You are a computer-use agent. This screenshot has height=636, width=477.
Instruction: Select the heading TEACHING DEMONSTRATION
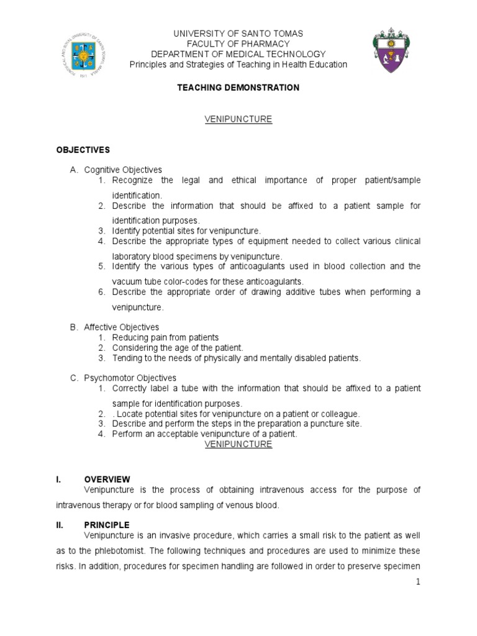coord(238,88)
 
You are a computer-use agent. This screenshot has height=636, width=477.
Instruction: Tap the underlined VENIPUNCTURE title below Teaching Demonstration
coord(238,119)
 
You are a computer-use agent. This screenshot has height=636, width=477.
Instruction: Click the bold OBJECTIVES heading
coord(83,150)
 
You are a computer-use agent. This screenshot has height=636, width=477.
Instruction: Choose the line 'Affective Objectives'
coord(122,327)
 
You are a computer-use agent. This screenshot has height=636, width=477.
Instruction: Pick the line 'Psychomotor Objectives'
coord(130,378)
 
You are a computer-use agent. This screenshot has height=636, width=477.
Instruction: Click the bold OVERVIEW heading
coord(107,479)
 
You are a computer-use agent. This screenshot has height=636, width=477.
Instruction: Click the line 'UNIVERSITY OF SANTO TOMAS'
coord(238,33)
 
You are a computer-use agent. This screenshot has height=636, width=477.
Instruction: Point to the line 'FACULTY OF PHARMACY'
coord(238,43)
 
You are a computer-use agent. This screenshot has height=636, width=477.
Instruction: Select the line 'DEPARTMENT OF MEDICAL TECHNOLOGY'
coord(238,54)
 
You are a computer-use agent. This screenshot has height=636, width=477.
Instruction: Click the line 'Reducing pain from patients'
coord(165,337)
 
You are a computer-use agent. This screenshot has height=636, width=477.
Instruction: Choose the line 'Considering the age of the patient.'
coord(178,348)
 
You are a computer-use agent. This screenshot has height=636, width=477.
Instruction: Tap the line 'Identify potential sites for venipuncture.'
coord(186,230)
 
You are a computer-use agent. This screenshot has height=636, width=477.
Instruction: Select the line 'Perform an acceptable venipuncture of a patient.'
coord(205,434)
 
